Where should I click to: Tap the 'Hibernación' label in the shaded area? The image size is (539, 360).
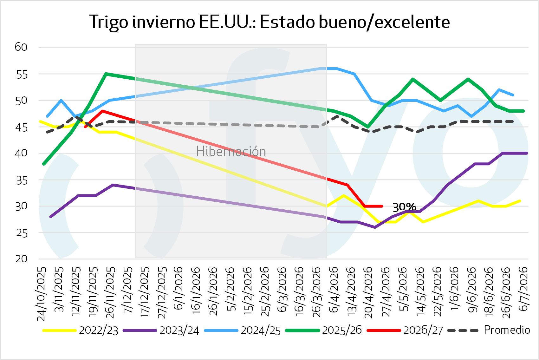tap(231, 151)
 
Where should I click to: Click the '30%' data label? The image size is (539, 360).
tap(404, 207)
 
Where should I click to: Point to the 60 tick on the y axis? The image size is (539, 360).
tap(21, 47)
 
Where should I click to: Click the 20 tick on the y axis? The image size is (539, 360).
tap(21, 259)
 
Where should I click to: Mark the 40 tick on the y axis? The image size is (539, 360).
tap(21, 153)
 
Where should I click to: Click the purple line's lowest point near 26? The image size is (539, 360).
tap(375, 227)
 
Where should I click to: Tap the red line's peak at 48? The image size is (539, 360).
tap(102, 111)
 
